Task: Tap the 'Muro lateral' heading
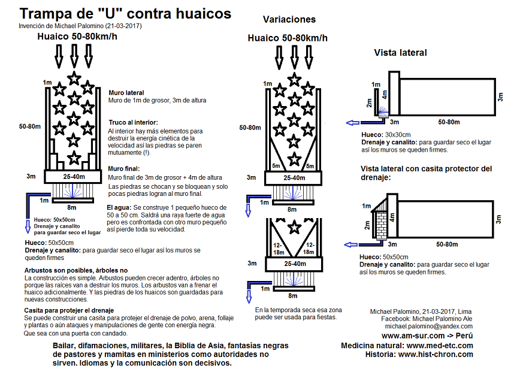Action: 126,93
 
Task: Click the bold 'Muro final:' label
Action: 124,169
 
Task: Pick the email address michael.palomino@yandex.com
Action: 428,327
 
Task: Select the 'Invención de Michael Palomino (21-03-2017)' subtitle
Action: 80,26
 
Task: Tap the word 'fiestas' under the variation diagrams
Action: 324,317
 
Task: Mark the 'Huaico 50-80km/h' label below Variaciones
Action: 288,38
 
